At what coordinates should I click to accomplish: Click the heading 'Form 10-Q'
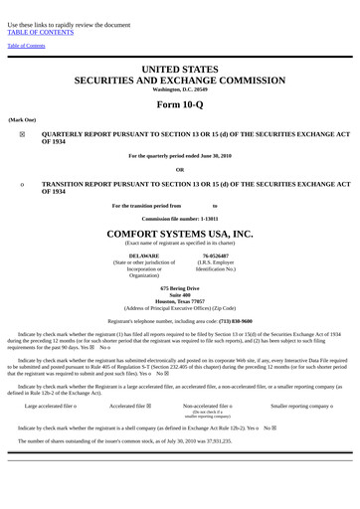(180, 105)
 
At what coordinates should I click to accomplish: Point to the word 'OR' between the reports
(180, 169)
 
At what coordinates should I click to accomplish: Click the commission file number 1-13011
(207, 218)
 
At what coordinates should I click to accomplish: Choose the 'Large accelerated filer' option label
(50, 407)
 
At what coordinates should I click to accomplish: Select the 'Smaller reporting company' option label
(300, 407)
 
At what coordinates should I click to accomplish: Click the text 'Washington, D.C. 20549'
(180, 89)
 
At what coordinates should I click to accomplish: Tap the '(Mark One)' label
(22, 119)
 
